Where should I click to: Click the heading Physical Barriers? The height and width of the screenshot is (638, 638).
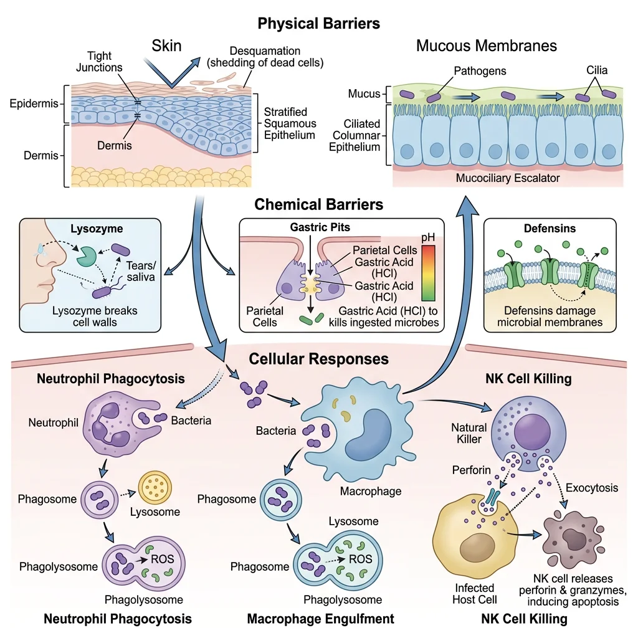click(x=319, y=24)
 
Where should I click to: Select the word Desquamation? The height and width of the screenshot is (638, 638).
click(x=265, y=50)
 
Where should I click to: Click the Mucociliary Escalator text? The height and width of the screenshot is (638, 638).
click(x=507, y=178)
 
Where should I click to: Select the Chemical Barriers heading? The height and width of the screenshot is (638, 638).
click(x=319, y=204)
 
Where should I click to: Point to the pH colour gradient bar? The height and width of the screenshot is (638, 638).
click(x=428, y=272)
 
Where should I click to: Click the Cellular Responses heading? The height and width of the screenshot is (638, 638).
click(x=319, y=359)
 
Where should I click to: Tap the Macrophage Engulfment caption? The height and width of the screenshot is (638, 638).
click(x=320, y=619)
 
